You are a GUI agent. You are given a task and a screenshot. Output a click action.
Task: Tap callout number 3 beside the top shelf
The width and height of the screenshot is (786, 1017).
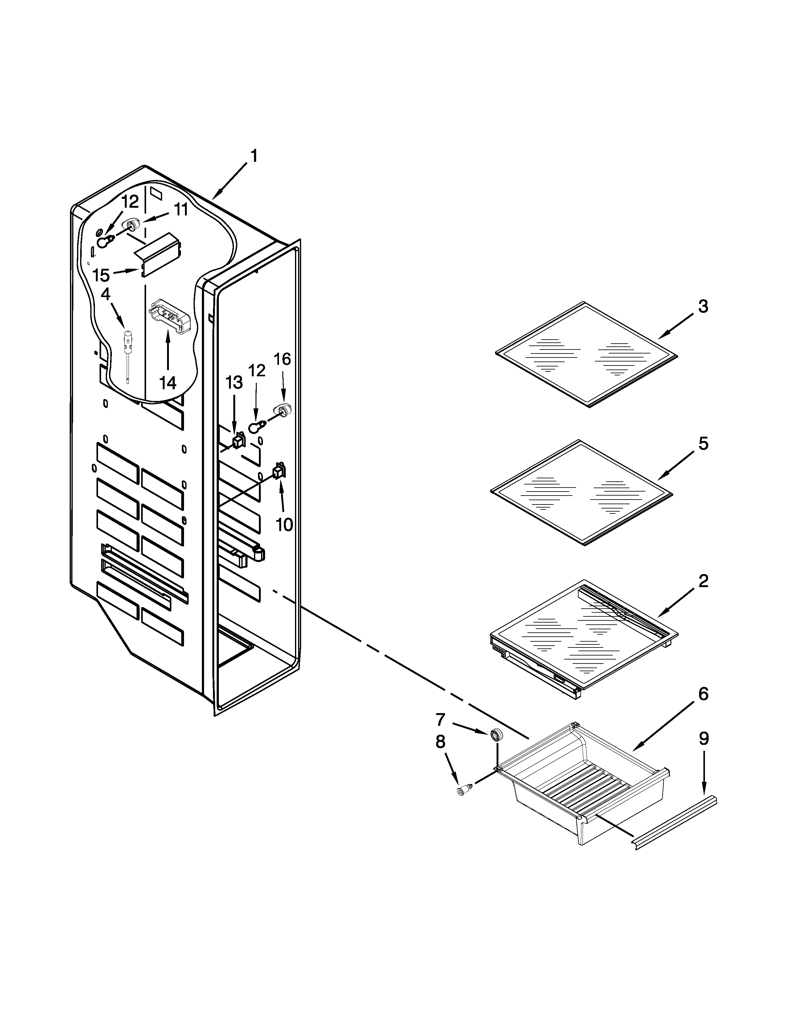point(703,307)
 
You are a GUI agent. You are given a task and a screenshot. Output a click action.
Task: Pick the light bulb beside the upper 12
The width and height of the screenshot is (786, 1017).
point(104,242)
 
